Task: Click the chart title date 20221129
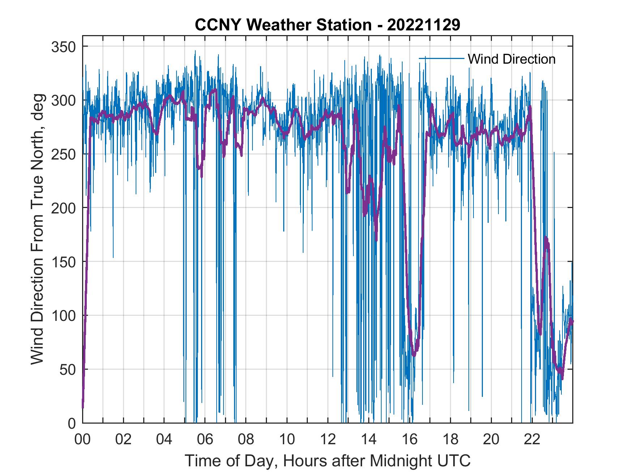(424, 25)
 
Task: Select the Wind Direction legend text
(511, 59)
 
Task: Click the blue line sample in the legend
(441, 58)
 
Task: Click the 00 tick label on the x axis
(82, 440)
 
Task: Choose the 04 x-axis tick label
(164, 440)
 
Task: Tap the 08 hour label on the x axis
(246, 440)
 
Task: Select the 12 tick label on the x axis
(328, 440)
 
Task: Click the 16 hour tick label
(409, 440)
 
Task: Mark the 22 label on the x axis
(532, 440)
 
